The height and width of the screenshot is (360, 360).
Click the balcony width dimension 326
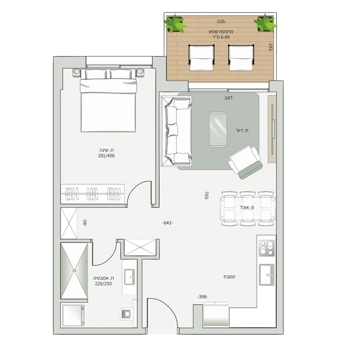tap(221, 22)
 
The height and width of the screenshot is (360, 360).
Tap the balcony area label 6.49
tap(225, 37)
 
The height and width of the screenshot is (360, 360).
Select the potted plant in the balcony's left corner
tap(175, 24)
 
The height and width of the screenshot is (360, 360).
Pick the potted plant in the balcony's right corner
tap(266, 24)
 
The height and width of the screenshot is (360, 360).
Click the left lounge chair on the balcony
tap(201, 58)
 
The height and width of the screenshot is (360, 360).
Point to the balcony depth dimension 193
tap(270, 47)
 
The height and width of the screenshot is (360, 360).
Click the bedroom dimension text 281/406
tap(106, 156)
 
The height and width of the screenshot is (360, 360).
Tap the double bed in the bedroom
tap(108, 100)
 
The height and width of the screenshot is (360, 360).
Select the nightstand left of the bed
tap(76, 72)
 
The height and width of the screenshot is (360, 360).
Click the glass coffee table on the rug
tap(218, 129)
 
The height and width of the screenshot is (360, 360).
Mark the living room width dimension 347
tap(228, 98)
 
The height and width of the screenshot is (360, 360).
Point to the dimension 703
tap(206, 195)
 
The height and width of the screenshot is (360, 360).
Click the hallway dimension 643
tap(167, 223)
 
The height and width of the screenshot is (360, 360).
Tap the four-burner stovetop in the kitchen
tap(266, 248)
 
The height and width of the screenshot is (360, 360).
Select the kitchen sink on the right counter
tap(266, 274)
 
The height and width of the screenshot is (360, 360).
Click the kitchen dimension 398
tap(202, 297)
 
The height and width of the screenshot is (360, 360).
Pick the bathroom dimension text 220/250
tap(103, 284)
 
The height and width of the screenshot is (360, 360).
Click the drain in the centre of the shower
tap(74, 271)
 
